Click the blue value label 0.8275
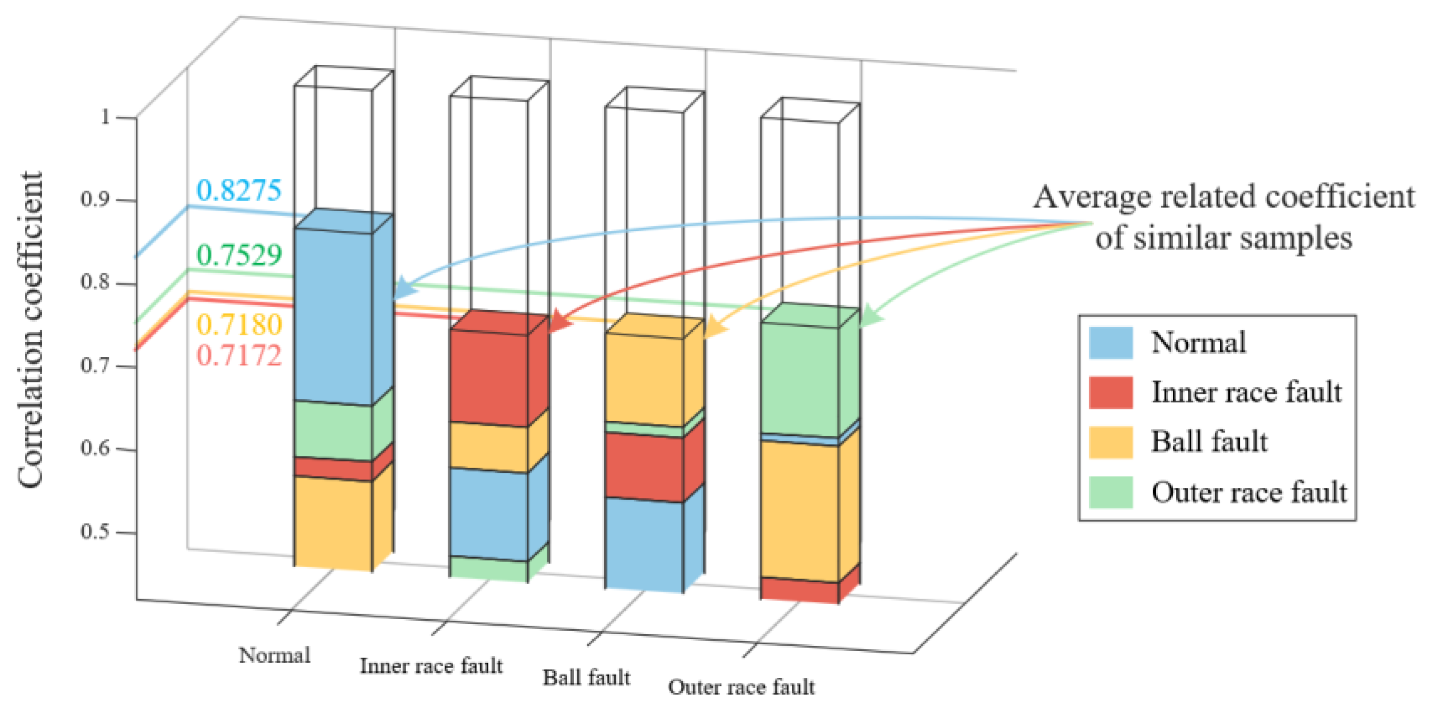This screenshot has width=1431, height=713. click(x=239, y=191)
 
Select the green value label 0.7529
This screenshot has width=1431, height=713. click(x=239, y=255)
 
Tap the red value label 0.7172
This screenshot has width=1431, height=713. click(x=239, y=355)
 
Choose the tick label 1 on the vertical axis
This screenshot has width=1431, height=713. click(x=105, y=117)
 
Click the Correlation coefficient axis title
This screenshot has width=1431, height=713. click(x=31, y=330)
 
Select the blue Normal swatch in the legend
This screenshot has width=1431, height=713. click(x=1110, y=343)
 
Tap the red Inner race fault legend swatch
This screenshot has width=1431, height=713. click(x=1110, y=392)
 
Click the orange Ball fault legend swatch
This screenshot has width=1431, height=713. click(x=1110, y=442)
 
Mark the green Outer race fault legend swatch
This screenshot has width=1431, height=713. click(x=1110, y=492)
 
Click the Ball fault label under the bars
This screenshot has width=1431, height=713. click(x=586, y=678)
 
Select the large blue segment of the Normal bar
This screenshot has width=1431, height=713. click(x=334, y=316)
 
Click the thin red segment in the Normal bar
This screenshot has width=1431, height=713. click(x=334, y=469)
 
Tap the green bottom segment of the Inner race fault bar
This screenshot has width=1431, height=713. click(x=488, y=569)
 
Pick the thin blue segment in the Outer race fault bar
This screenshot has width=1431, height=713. click(x=799, y=439)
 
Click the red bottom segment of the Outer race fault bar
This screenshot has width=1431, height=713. click(x=799, y=591)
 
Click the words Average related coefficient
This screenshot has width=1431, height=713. click(x=1224, y=197)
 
